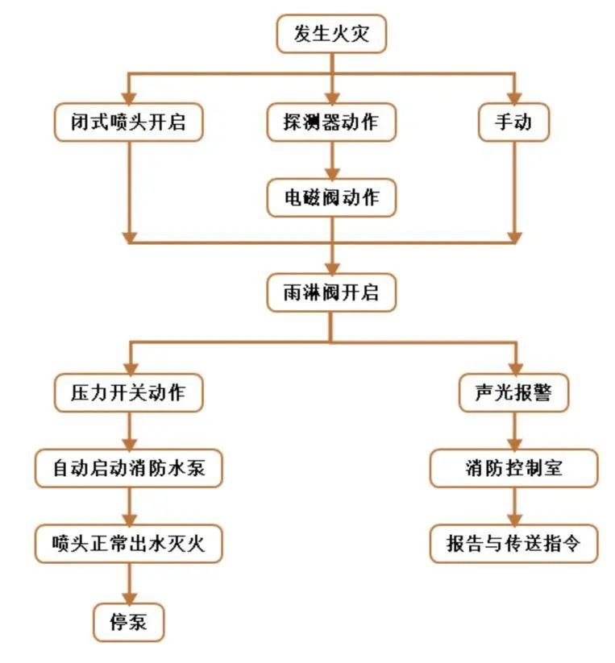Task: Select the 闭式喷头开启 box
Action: click(x=128, y=123)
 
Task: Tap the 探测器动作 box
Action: click(x=331, y=123)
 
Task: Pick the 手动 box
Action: click(x=513, y=123)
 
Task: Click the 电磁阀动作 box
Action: click(x=331, y=197)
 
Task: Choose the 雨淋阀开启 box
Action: click(x=331, y=292)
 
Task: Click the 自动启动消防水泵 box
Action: click(x=128, y=468)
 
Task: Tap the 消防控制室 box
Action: click(x=513, y=468)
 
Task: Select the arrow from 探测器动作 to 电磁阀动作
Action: click(x=331, y=160)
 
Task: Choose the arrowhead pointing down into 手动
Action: click(x=513, y=98)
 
